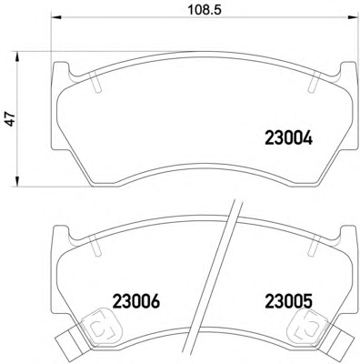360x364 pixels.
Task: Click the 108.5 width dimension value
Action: (x=205, y=10)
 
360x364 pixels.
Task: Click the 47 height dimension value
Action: (x=11, y=118)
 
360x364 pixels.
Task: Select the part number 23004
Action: (x=288, y=138)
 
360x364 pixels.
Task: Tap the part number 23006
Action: (x=136, y=301)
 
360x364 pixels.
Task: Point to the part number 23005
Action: (x=288, y=301)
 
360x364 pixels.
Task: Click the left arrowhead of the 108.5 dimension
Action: (x=55, y=17)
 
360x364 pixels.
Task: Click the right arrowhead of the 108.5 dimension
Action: (x=353, y=17)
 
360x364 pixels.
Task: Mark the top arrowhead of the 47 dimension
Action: (x=17, y=57)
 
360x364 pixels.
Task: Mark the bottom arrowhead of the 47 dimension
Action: (x=17, y=180)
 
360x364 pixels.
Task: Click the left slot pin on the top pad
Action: (x=96, y=82)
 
